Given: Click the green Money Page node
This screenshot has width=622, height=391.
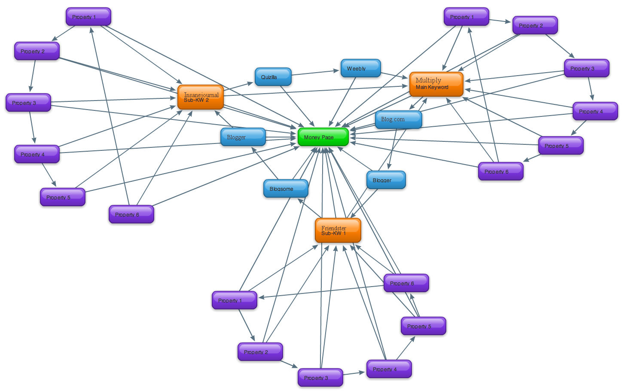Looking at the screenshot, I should (x=323, y=137).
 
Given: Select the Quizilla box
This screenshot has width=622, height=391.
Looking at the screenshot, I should (x=273, y=77).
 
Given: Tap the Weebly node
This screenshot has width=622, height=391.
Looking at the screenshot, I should (x=360, y=68).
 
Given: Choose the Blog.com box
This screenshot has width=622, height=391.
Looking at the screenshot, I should (x=398, y=119).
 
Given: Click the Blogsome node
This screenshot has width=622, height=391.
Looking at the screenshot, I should (x=286, y=189).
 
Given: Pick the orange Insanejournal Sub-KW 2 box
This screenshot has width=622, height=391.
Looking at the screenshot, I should (x=201, y=97).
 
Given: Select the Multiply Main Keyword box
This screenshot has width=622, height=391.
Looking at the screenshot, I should (x=436, y=84).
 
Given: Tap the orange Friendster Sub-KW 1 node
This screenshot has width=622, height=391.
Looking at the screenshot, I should (x=338, y=230).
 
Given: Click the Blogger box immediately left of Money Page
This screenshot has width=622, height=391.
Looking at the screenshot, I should (x=243, y=137).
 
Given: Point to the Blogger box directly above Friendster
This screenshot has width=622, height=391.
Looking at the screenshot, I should (x=386, y=180).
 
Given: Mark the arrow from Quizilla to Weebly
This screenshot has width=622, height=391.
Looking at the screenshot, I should (x=316, y=73).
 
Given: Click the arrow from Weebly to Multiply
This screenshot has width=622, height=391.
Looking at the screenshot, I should (x=394, y=75).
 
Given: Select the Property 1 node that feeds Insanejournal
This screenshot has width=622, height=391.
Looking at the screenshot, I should (x=88, y=17).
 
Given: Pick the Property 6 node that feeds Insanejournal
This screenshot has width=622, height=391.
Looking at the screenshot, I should (x=131, y=214).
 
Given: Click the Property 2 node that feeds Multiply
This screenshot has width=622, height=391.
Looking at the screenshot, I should (x=535, y=25).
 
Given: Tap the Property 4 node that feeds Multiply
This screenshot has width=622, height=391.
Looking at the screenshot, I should (x=595, y=111).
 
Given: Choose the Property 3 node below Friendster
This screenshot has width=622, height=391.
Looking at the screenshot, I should (x=320, y=378).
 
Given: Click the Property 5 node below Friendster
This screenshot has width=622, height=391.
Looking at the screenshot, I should (x=423, y=326).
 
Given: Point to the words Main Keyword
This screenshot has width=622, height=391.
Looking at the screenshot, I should (x=432, y=87).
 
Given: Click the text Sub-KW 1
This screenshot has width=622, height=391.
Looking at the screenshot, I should (x=333, y=233).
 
